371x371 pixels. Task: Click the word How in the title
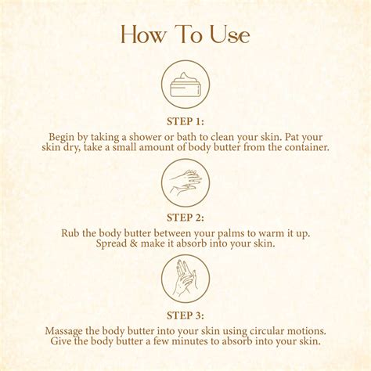(142, 36)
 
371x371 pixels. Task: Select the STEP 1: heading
(185, 121)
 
